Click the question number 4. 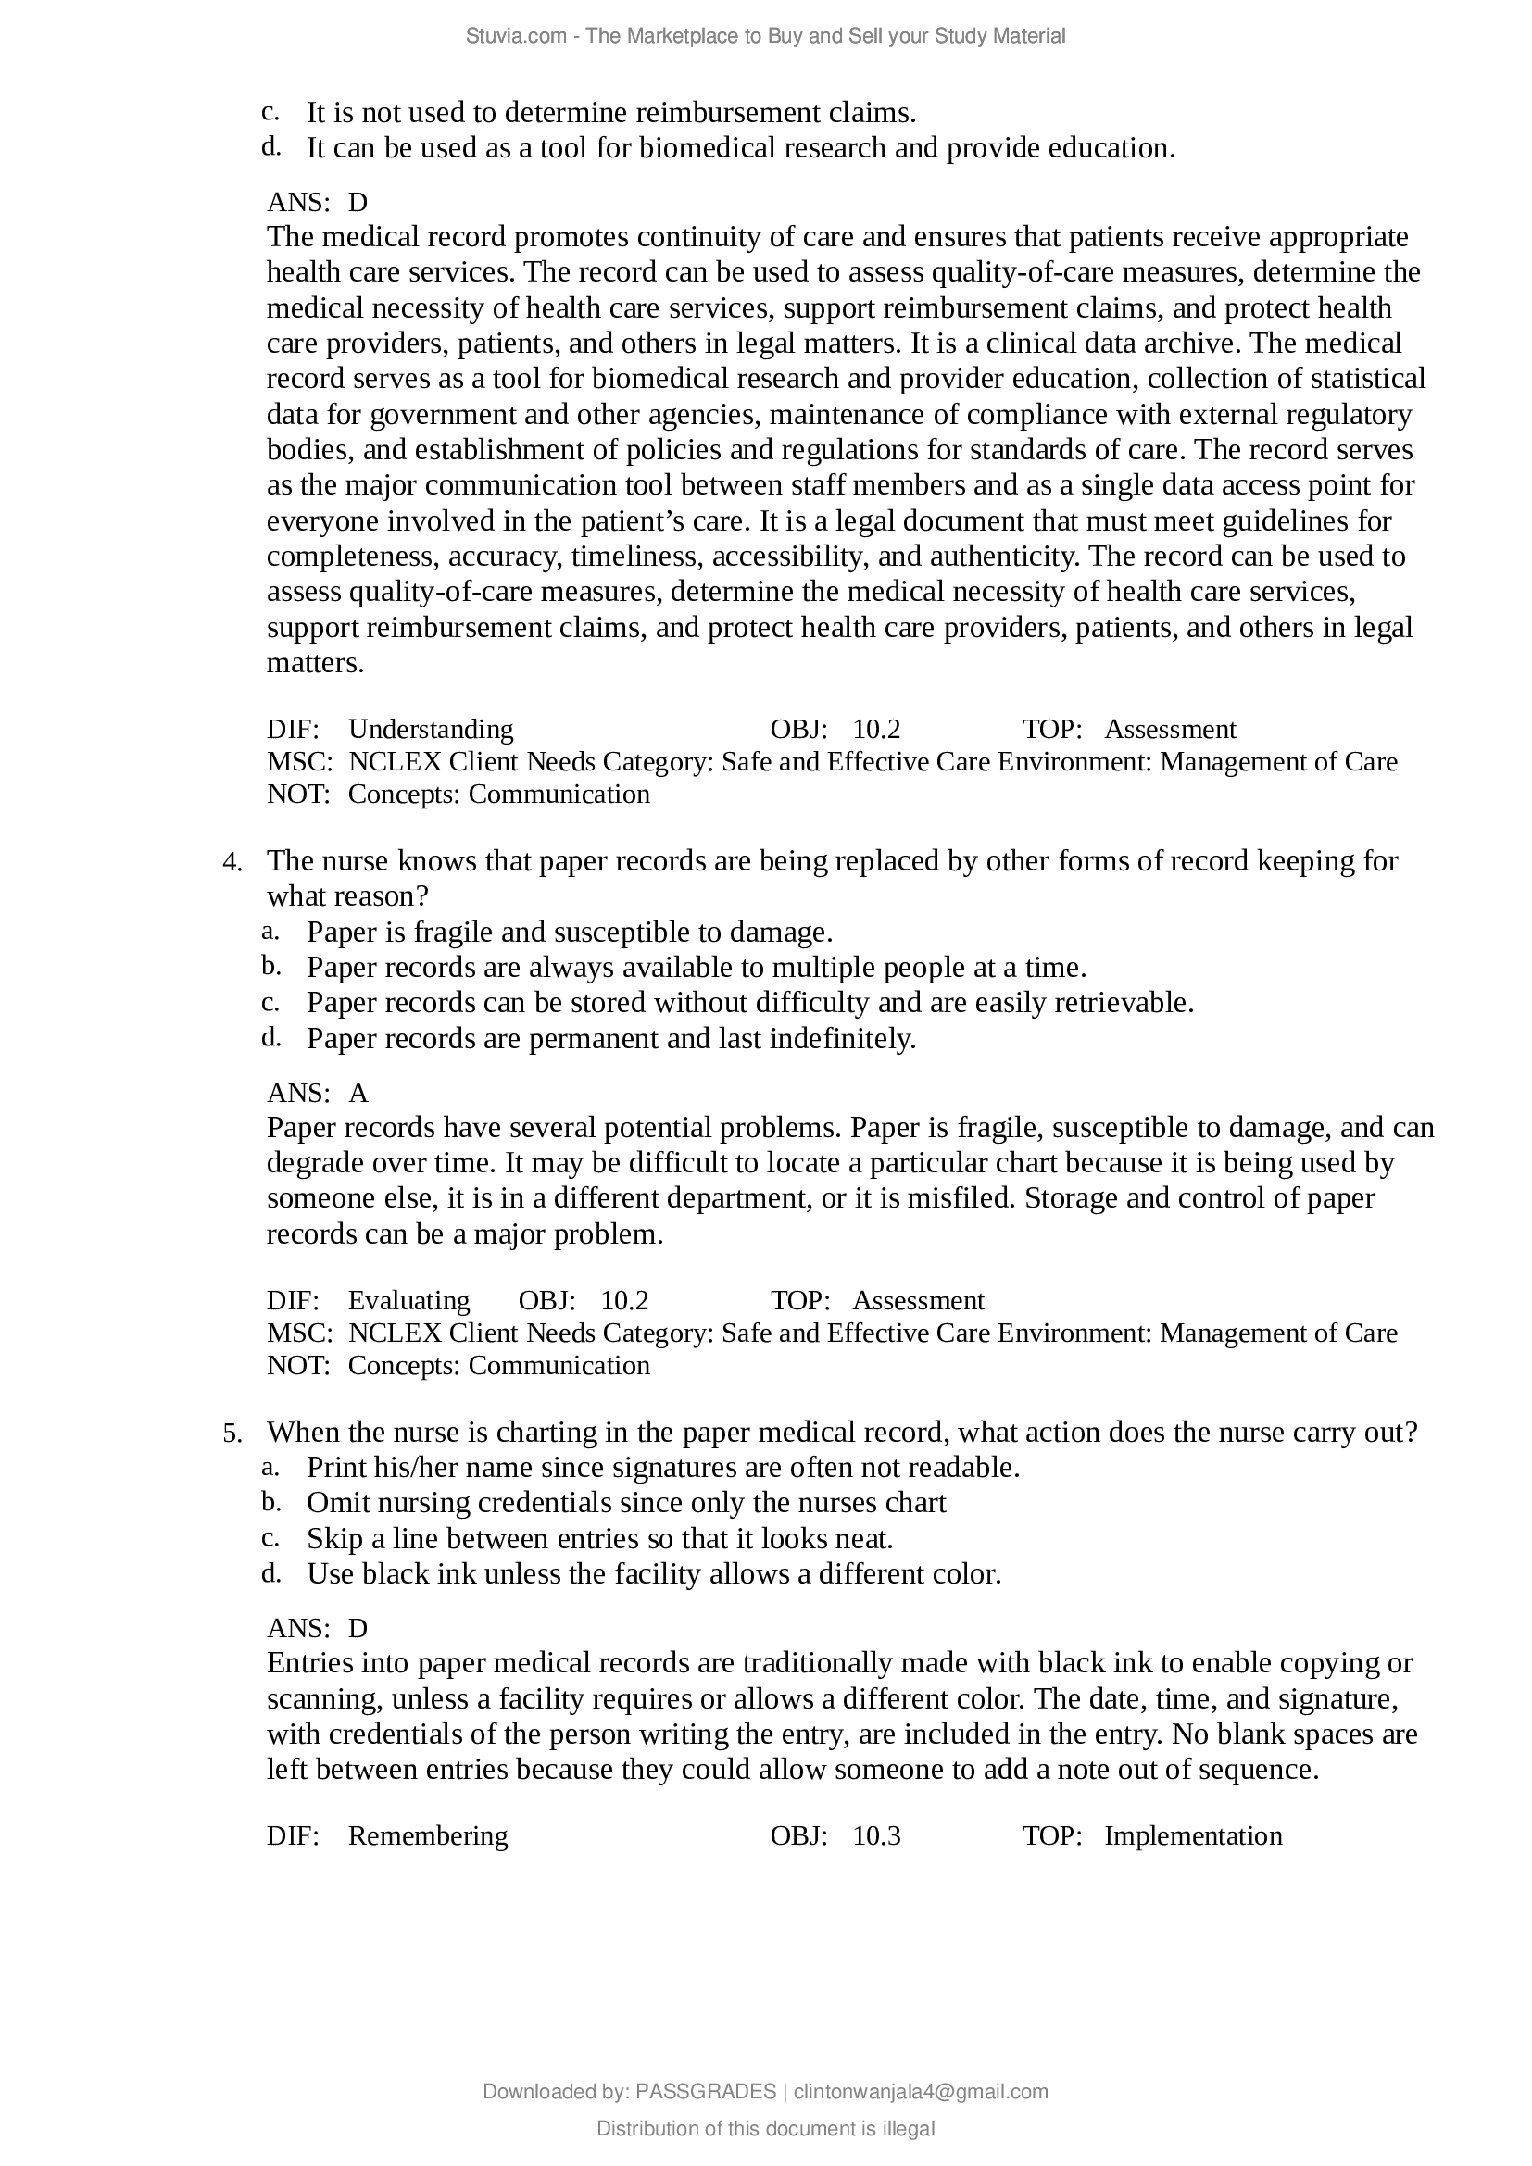pyautogui.click(x=232, y=862)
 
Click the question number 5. pyautogui.click(x=232, y=1434)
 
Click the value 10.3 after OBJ pyautogui.click(x=876, y=1834)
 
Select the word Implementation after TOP pyautogui.click(x=1192, y=1834)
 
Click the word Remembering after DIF pyautogui.click(x=427, y=1834)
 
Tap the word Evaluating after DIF pyautogui.click(x=408, y=1300)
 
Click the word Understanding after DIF pyautogui.click(x=431, y=729)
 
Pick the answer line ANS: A pyautogui.click(x=317, y=1093)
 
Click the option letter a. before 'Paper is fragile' pyautogui.click(x=270, y=931)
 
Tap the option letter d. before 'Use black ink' pyautogui.click(x=270, y=1572)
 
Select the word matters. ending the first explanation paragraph pyautogui.click(x=315, y=663)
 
